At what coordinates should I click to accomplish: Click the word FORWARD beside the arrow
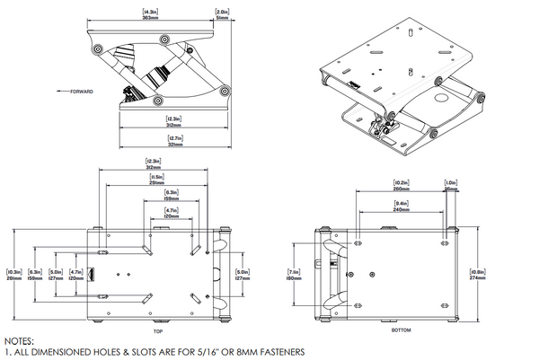[81, 92]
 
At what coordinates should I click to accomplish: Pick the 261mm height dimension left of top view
[13, 277]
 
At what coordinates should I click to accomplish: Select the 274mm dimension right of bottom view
[477, 278]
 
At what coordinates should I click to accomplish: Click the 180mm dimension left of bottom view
[292, 277]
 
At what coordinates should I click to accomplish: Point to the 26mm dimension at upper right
[451, 189]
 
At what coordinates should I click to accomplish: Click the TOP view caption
[157, 331]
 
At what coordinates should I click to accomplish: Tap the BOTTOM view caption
[389, 331]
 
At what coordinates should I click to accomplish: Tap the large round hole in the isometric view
[443, 96]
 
